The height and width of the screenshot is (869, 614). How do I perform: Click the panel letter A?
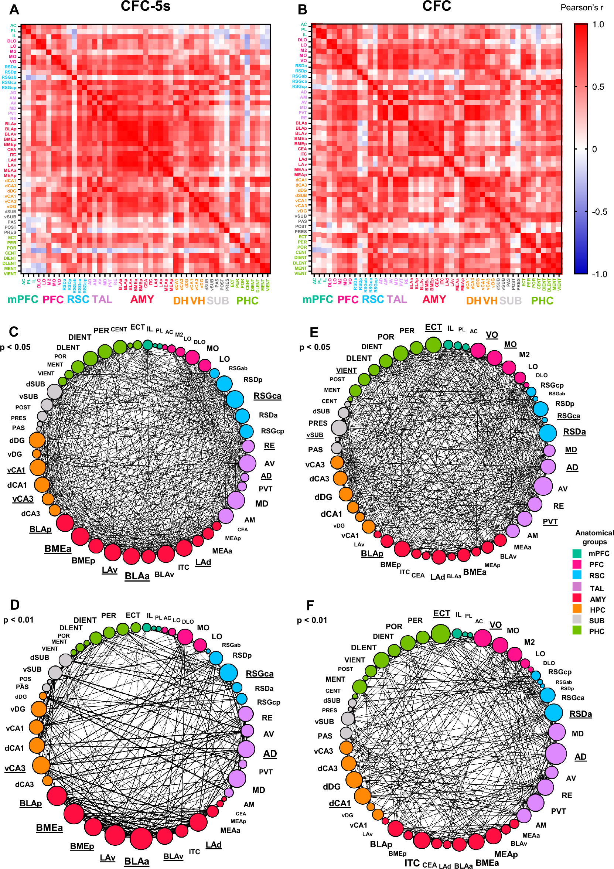14,10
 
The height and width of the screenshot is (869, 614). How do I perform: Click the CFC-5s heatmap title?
145,6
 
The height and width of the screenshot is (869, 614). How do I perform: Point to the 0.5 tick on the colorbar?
598,87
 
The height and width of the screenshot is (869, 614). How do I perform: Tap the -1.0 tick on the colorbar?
599,274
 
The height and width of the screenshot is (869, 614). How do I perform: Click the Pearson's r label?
581,7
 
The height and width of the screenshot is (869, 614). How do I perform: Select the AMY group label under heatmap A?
142,299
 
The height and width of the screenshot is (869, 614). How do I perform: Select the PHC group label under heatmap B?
542,300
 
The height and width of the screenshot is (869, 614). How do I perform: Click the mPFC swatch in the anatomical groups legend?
577,553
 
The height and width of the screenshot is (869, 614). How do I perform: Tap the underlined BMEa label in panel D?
49,827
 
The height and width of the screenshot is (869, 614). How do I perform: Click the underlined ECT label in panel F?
441,613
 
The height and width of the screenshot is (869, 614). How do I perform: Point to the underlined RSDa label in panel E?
574,432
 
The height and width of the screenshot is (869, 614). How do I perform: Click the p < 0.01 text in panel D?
18,620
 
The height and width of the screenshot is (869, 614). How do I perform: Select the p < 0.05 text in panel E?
314,347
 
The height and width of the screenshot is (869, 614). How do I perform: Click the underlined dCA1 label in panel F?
340,803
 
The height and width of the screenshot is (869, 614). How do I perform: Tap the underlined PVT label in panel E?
550,522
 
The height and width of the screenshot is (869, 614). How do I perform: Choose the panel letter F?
310,606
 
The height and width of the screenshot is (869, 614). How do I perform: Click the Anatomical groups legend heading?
594,537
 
